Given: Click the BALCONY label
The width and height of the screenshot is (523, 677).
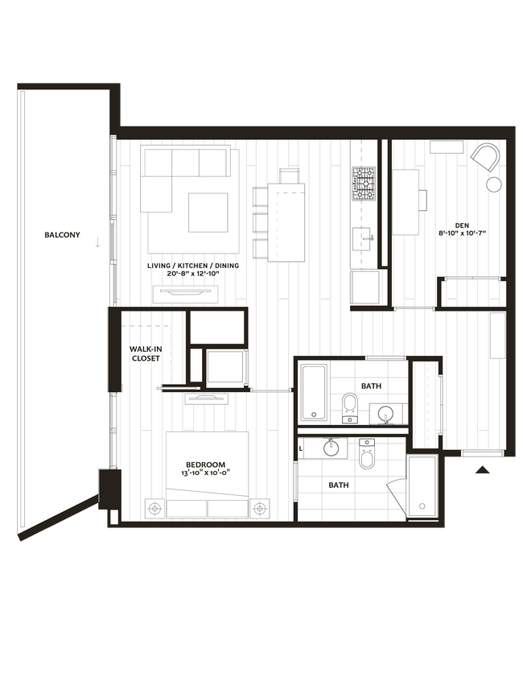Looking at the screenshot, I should pyautogui.click(x=62, y=235).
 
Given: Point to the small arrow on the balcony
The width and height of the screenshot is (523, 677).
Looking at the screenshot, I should pyautogui.click(x=97, y=241).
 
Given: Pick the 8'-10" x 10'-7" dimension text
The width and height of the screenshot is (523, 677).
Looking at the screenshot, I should pyautogui.click(x=463, y=234).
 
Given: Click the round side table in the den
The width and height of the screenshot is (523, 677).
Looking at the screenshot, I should pyautogui.click(x=494, y=184).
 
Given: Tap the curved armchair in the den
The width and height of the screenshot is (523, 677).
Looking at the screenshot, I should pyautogui.click(x=484, y=157).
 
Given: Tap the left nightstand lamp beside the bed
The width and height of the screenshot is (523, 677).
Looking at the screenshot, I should pyautogui.click(x=155, y=508).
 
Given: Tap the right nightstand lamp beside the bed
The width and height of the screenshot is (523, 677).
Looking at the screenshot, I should pyautogui.click(x=259, y=508).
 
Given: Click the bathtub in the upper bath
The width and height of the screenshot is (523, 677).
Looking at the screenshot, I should pyautogui.click(x=313, y=393).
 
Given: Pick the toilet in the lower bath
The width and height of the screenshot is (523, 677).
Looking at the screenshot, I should pyautogui.click(x=367, y=456).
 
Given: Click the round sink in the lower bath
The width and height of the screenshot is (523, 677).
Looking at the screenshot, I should pyautogui.click(x=330, y=448).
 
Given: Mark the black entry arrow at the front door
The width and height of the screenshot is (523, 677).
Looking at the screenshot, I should pyautogui.click(x=483, y=470).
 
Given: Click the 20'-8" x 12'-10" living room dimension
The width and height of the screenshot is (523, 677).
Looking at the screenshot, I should pyautogui.click(x=183, y=275).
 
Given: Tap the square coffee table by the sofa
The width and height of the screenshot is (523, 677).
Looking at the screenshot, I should pyautogui.click(x=208, y=213).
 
